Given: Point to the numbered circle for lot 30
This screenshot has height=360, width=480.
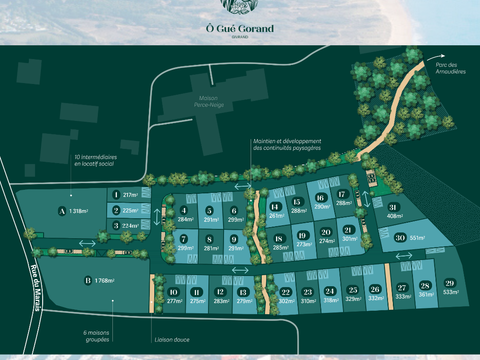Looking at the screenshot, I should (398, 237).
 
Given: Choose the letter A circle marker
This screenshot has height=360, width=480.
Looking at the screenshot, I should (62, 211).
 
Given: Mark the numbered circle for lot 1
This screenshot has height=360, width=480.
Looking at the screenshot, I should (116, 195).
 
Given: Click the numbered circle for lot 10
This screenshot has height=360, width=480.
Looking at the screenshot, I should (173, 291).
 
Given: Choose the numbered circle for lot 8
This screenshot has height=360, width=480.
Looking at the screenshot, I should (209, 238).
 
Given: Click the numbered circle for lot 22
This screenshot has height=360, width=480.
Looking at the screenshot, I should (286, 291).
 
